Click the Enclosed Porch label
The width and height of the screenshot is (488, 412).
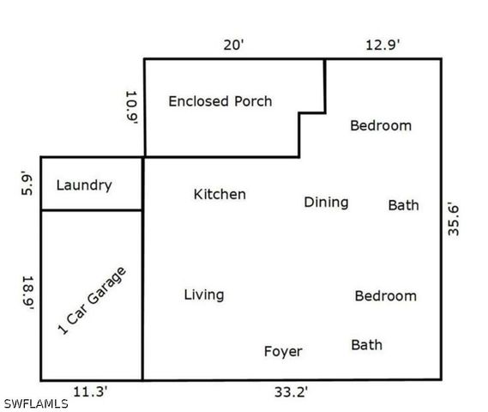[220, 101]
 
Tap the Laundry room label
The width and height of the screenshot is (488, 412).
[83, 185]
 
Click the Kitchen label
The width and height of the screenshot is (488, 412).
[220, 195]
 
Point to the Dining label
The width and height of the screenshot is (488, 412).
[326, 203]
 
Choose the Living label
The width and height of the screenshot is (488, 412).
[204, 295]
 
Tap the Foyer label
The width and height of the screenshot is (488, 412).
[282, 352]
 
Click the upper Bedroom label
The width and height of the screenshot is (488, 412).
[380, 126]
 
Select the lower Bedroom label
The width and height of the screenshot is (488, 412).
[385, 296]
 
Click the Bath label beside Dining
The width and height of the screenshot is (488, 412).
[403, 205]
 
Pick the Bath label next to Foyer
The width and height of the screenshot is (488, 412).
[366, 345]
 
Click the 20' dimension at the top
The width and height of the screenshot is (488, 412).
[234, 44]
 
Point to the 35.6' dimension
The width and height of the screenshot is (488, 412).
[455, 218]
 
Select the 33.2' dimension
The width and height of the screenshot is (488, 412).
[291, 392]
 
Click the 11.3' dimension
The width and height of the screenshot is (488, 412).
[90, 392]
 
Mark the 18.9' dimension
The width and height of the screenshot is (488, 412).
[27, 294]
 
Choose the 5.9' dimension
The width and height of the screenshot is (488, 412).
[27, 184]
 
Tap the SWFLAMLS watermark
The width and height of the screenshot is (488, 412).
[36, 403]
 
